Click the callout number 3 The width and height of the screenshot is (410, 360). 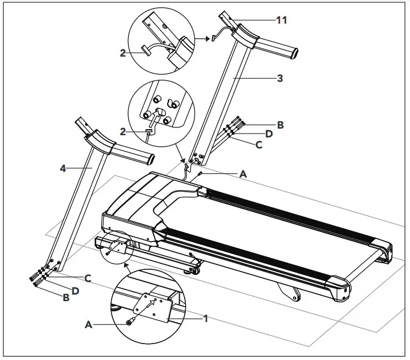pos(280,78)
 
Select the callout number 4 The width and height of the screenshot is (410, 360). pos(63,168)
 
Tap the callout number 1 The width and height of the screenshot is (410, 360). pos(206,318)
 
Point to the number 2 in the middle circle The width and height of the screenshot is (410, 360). pos(123,132)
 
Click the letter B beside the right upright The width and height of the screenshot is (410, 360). pos(280,125)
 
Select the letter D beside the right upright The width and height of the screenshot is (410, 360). pos(269,134)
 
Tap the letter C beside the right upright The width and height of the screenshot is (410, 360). pos(258,146)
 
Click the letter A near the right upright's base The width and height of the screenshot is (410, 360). pos(243,174)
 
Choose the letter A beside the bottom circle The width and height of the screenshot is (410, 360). pos(88,325)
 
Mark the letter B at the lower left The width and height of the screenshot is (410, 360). pos(66,298)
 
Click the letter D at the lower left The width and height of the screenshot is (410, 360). pos(76,290)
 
